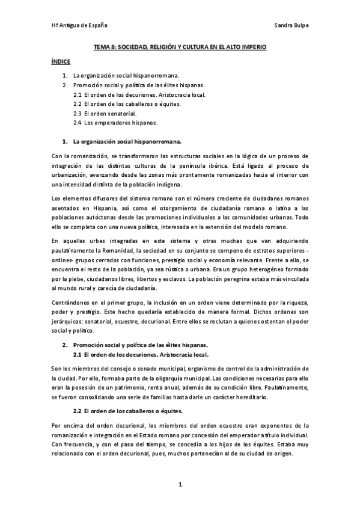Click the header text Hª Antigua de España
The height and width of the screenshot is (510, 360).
79,26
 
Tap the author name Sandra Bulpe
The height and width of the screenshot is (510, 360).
290,26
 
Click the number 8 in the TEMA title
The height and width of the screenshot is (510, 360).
112,46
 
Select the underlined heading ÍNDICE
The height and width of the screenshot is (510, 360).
61,61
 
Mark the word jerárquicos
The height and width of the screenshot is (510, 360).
65,322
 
